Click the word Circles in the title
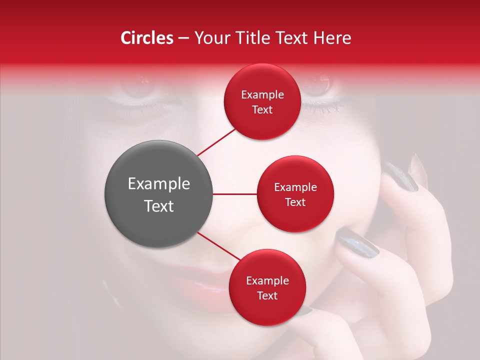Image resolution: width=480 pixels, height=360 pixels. coord(146,38)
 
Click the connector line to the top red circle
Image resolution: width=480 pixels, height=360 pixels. coord(216,142)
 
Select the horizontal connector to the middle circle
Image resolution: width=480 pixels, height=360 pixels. coord(234,194)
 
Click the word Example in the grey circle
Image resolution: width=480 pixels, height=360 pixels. coord(159,184)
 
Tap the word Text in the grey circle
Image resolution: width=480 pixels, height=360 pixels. coord(159,206)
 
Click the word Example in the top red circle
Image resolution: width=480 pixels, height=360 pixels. coord(262,95)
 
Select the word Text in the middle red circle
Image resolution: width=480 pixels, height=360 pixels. coord(295,202)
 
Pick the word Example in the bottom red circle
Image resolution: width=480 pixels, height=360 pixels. coord(267,281)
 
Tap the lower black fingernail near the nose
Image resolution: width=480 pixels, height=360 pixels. coord(357,242)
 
